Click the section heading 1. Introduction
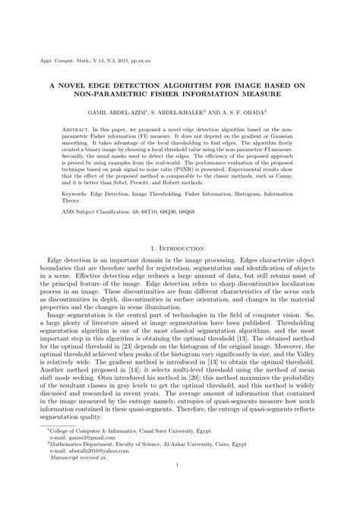click(x=179, y=247)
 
